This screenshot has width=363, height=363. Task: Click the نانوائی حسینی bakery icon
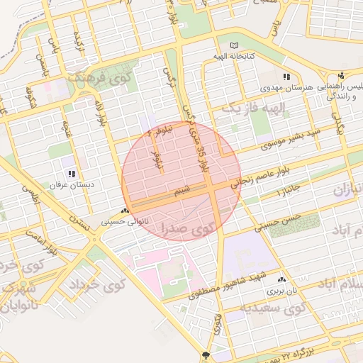(125, 211)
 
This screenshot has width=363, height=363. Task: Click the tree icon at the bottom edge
(206, 355)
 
